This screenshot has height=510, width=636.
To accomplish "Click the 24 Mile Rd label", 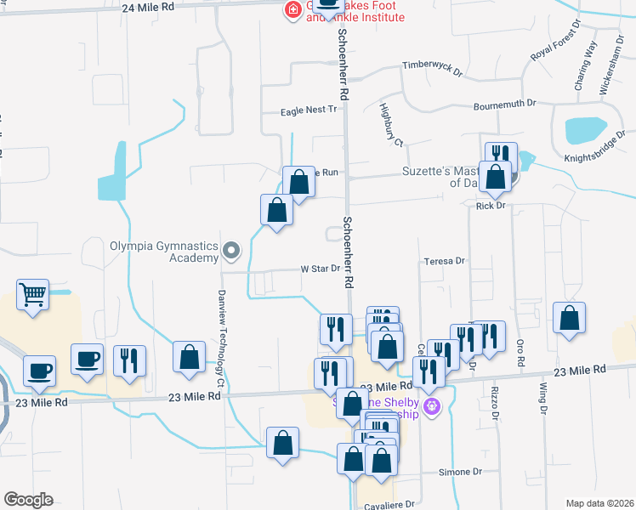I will (148, 7).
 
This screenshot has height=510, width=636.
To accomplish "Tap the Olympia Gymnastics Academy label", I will (163, 251).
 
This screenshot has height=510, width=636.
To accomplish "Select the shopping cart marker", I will (33, 297).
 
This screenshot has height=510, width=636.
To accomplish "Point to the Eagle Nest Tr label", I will (309, 110).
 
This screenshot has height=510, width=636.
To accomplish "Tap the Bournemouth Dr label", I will (505, 103).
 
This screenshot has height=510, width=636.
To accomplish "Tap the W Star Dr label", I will (321, 269).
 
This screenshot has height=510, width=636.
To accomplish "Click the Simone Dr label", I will (461, 472).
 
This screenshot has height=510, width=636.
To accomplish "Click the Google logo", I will (28, 500).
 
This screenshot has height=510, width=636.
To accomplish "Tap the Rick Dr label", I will (491, 206).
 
